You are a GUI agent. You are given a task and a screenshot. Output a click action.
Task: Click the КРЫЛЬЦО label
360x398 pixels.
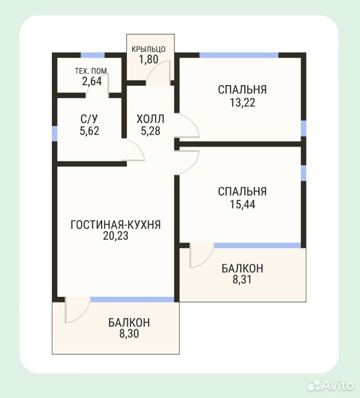coord(149,49)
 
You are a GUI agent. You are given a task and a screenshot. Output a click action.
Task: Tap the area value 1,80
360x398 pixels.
coord(149,59)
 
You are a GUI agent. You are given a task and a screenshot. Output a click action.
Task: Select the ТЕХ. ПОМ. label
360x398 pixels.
coord(92,71)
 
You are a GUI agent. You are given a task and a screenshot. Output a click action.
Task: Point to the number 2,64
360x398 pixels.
coord(92,81)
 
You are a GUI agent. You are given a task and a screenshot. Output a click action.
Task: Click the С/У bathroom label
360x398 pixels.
coord(89,118)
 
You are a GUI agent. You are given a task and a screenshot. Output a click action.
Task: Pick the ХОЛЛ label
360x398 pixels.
coord(151,119)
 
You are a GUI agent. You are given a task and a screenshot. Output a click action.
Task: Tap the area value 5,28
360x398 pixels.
coord(151,131)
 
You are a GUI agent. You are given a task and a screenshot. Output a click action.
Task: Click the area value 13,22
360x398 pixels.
coord(242,103)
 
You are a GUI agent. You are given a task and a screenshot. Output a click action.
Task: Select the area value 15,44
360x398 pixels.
coord(242,204)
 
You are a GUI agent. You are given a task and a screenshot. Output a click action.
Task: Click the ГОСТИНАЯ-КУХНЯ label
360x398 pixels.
coord(116,225)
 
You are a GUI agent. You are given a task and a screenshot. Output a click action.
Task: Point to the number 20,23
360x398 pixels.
coord(116,236)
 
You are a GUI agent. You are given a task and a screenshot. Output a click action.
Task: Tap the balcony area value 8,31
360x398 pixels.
coord(242,279)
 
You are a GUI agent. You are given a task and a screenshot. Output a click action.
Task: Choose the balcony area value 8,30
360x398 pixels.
coord(129,334)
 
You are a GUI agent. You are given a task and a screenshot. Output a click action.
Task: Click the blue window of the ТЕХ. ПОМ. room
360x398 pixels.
coord(93,55)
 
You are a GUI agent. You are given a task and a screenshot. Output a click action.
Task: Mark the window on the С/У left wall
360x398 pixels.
coord(54,133)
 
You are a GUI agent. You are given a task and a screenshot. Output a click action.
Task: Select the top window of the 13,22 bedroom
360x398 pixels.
coord(239,55)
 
